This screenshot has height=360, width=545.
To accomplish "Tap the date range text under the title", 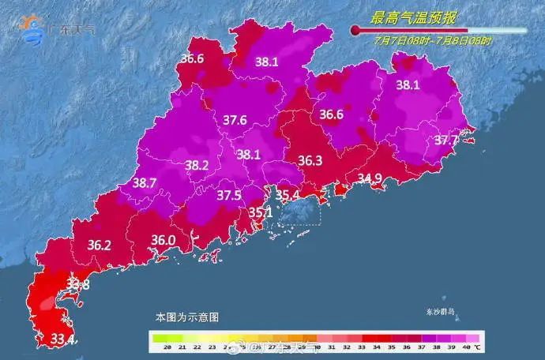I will coord(433,40).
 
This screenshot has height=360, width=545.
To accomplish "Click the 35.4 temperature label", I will coord(287,194).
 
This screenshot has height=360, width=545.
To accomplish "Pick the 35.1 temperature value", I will coord(260,212).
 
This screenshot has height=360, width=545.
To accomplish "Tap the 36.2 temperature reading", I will coord(99,245).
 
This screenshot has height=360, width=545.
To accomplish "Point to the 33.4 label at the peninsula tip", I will coord(40,339).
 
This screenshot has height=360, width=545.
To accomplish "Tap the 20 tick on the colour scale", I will coord(157,347).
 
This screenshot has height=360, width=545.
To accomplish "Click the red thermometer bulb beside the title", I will coord(355,30).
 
